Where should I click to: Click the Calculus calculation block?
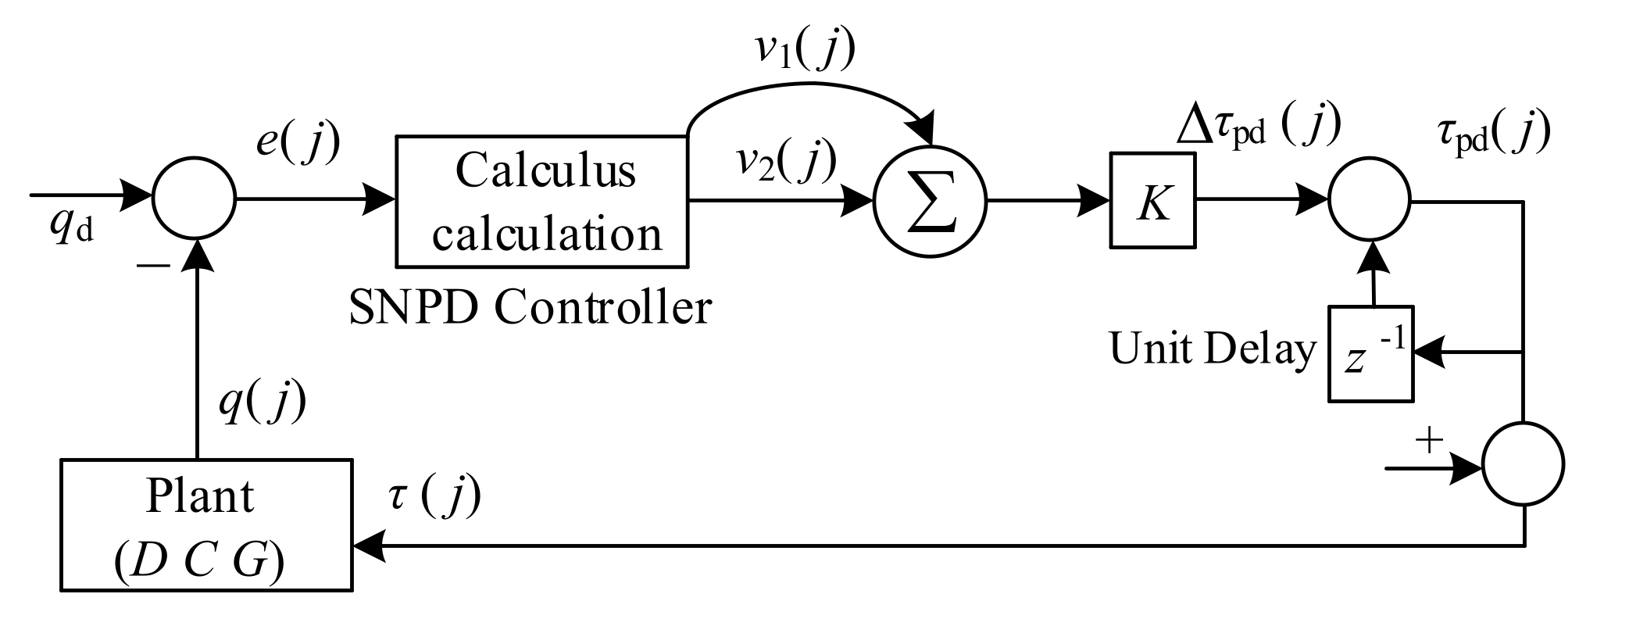(x=543, y=202)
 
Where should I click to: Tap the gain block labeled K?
(x=1152, y=201)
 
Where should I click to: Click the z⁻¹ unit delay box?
(x=1371, y=353)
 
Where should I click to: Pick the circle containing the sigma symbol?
(x=930, y=202)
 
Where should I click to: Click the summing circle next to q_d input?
(x=193, y=201)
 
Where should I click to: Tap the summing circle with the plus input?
(x=1524, y=464)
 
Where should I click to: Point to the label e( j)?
(x=298, y=142)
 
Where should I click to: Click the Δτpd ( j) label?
(x=1258, y=125)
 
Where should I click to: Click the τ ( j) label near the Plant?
(x=434, y=496)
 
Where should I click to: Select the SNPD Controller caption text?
(x=530, y=308)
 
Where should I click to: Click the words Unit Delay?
(x=1213, y=349)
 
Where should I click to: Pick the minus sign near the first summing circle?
(x=153, y=267)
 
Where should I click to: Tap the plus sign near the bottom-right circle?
(x=1429, y=442)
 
